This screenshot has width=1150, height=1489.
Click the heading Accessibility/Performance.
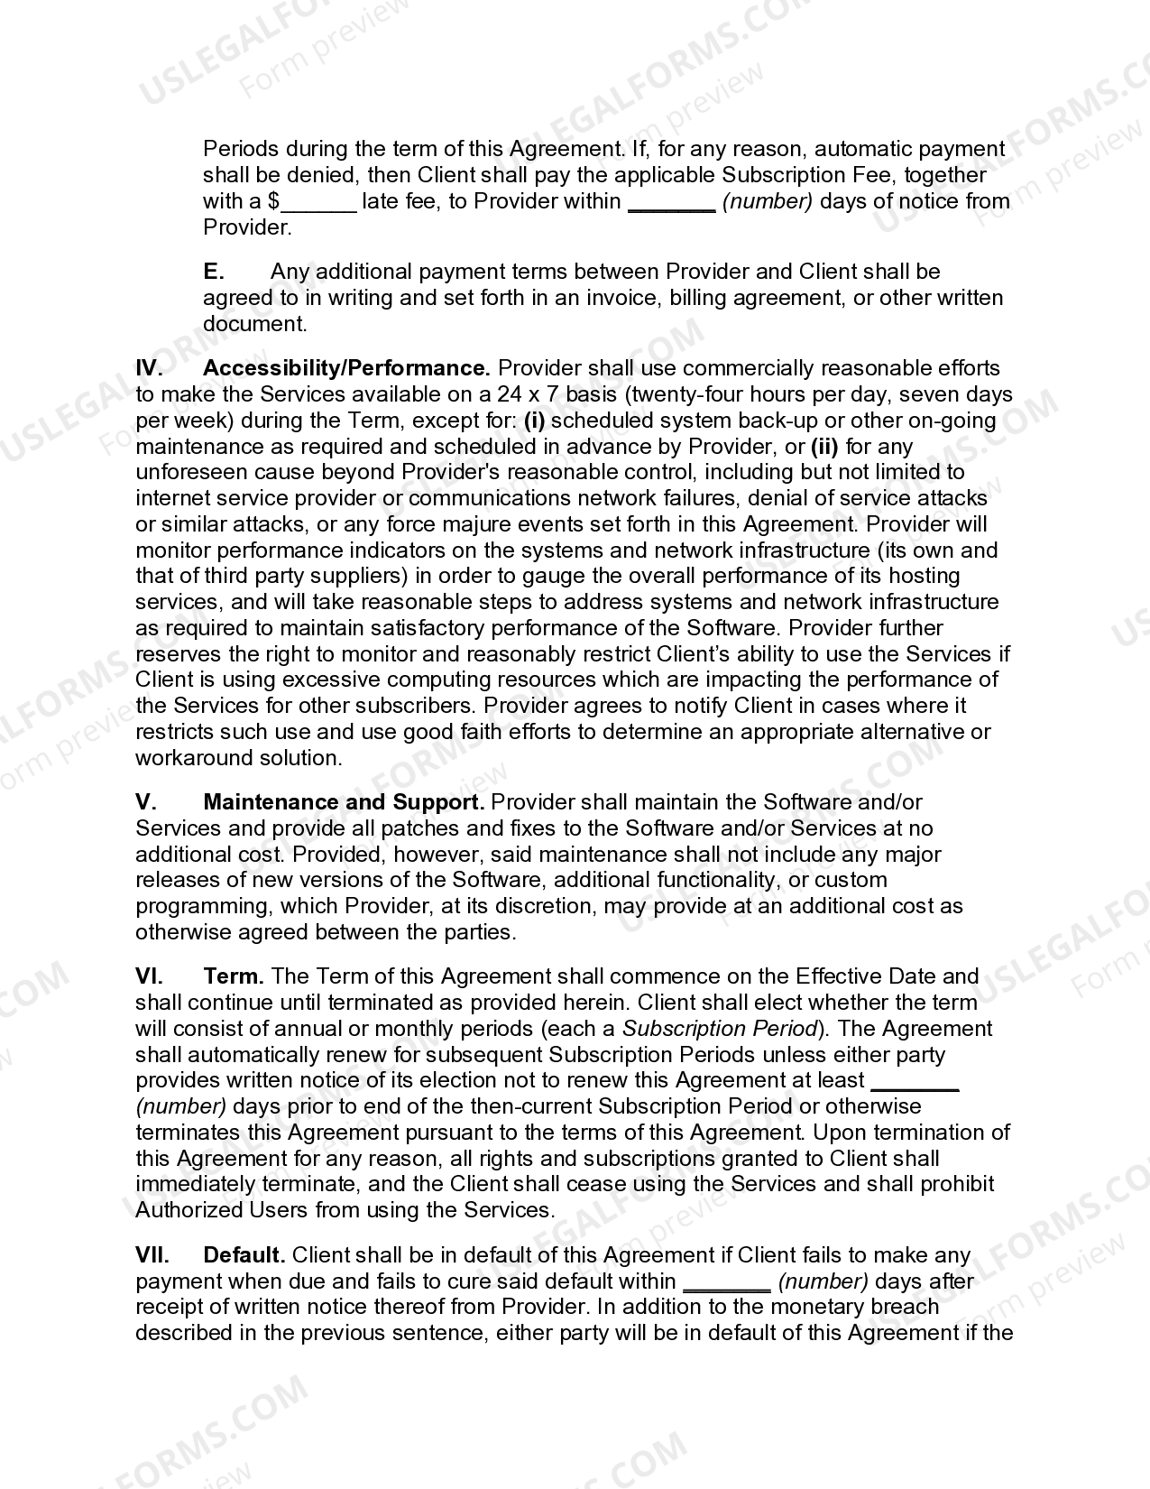point(346,368)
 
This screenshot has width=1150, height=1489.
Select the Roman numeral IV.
point(149,368)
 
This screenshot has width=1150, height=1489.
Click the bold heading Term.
point(233,976)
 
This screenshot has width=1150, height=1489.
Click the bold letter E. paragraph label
point(214,272)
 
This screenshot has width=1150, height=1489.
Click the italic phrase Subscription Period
point(719,1029)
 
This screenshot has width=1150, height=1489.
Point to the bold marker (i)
point(535,421)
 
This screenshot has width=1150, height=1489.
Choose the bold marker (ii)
point(825,447)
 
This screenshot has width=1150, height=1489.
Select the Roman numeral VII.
point(152,1255)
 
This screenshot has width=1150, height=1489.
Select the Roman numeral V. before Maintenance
point(146,802)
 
